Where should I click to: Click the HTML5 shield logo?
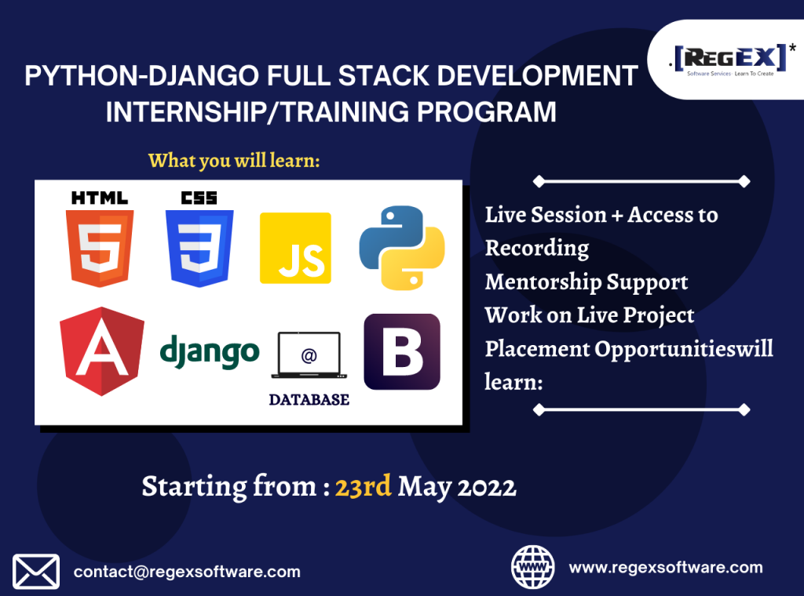point(100,249)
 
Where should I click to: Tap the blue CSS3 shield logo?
point(199,249)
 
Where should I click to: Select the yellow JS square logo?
point(295,248)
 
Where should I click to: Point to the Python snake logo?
point(402,248)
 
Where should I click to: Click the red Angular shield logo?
point(102,351)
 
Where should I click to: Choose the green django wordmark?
point(210,352)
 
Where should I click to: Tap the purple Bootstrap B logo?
point(402,352)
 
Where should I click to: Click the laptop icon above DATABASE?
point(309,355)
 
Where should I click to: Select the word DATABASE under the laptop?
point(309,399)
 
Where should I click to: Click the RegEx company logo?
point(731,60)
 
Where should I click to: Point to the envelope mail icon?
point(36,572)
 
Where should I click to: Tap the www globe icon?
point(533,567)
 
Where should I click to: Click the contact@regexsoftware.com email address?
point(187,572)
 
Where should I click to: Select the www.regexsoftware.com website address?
point(666,567)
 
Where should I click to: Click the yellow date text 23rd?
point(363,485)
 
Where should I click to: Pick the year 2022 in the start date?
point(487,487)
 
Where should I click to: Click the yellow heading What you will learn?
point(234,161)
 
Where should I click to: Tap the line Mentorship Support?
point(587,282)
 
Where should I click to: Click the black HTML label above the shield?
point(100,198)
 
